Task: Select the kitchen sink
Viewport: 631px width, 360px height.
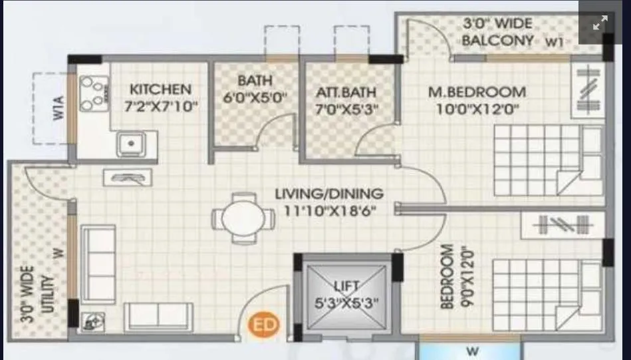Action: click(x=131, y=143)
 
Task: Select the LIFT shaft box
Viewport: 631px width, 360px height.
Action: click(x=346, y=295)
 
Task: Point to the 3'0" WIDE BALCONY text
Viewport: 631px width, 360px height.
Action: click(x=498, y=31)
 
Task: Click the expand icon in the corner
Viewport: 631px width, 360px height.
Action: click(x=600, y=23)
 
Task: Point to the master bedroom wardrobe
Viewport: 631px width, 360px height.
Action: click(x=588, y=94)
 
